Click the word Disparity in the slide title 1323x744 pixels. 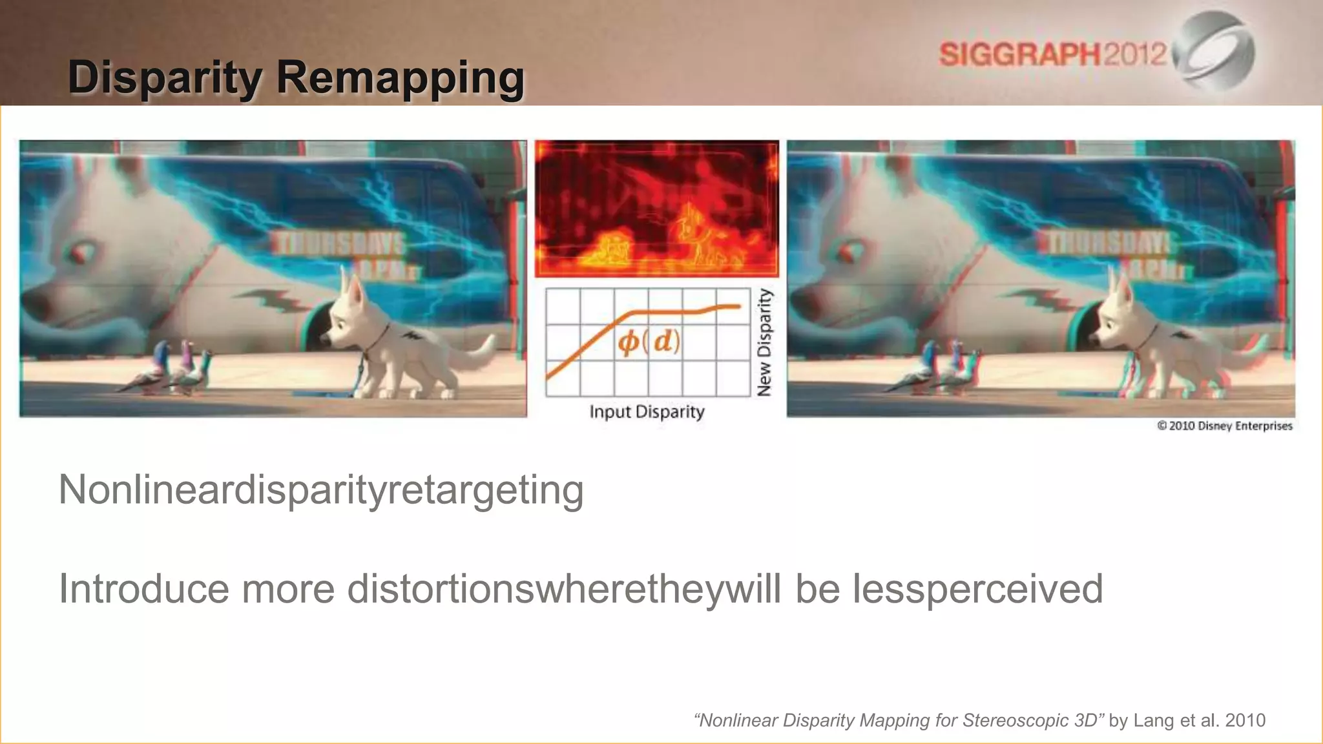pyautogui.click(x=165, y=77)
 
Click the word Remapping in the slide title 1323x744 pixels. pyautogui.click(x=401, y=77)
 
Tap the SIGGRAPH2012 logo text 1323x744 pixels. pyautogui.click(x=1053, y=54)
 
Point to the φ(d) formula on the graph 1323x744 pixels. pyautogui.click(x=649, y=341)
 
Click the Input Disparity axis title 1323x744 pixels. pyautogui.click(x=647, y=411)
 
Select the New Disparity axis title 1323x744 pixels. pyautogui.click(x=764, y=342)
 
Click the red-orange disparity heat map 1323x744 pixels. pyautogui.click(x=656, y=208)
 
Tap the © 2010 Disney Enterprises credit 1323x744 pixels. pyautogui.click(x=1225, y=426)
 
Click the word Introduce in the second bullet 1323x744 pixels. pyautogui.click(x=143, y=588)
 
